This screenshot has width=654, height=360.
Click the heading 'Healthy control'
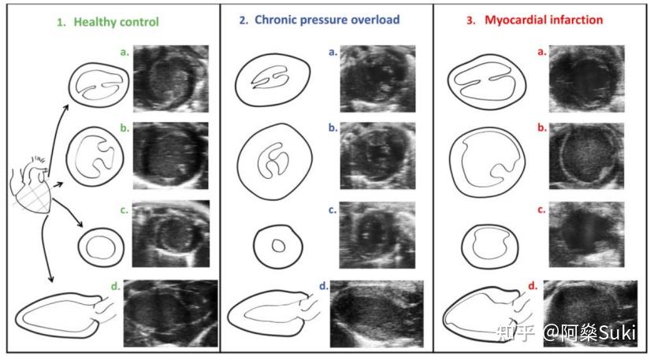(116, 22)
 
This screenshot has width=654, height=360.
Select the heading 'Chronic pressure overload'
(327, 19)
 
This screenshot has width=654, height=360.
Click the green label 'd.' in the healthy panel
(116, 287)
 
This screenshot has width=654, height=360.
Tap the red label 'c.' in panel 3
(541, 210)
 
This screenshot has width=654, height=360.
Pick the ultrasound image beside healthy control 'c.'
(171, 236)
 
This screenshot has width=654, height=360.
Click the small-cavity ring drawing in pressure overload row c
(277, 244)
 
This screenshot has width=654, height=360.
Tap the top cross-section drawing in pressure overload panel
(273, 76)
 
